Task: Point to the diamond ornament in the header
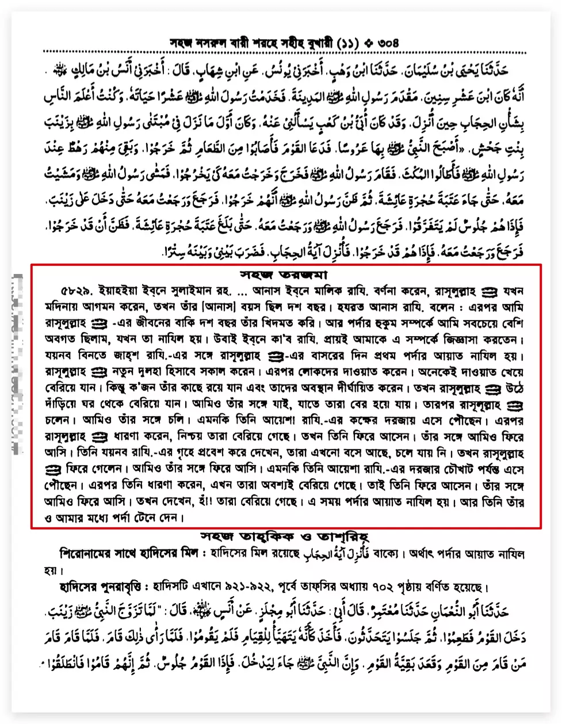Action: tap(368, 43)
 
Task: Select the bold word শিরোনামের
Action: tap(83, 554)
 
